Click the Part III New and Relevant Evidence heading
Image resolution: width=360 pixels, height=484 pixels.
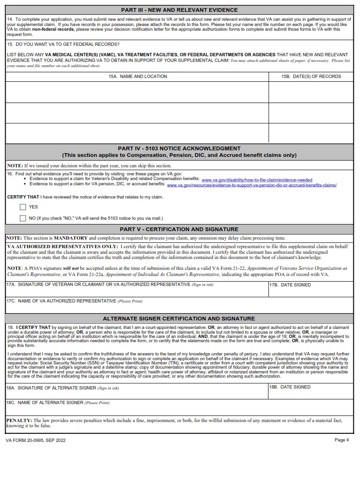(x=179, y=10)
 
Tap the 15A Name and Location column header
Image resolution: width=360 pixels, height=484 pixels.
(x=137, y=76)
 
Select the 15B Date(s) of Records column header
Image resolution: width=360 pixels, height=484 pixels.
(x=311, y=76)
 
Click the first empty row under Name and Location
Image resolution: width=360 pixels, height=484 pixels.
(x=137, y=92)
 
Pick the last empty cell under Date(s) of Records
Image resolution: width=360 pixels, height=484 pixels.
(x=311, y=133)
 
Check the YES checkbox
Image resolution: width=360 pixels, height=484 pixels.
(x=23, y=207)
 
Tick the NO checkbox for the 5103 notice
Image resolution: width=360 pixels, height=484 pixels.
(x=23, y=218)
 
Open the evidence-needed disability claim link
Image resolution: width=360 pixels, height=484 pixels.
(x=257, y=180)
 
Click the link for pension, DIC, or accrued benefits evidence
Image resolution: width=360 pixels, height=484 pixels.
(x=252, y=185)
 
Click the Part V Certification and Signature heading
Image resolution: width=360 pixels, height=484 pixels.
(x=179, y=229)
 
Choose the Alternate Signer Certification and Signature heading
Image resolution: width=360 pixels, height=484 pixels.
(x=179, y=319)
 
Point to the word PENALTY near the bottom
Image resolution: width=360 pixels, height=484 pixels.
(x=18, y=420)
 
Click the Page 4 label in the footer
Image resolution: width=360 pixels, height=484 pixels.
(x=341, y=440)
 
